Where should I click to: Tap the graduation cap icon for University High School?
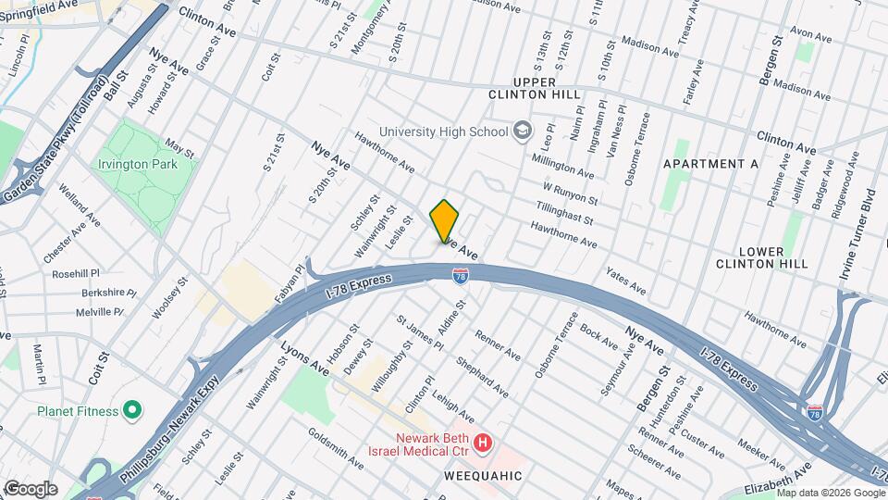(x=523, y=131)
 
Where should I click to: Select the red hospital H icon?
(x=482, y=444)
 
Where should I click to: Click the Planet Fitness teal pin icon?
(x=131, y=409)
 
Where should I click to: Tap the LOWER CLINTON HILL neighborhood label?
(x=762, y=257)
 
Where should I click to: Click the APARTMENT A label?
(x=711, y=164)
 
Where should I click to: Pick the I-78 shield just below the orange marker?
(x=460, y=275)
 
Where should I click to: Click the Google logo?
(x=31, y=488)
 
